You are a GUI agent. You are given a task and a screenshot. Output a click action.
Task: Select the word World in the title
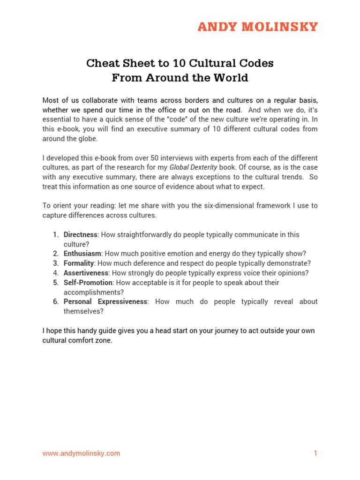pos(230,78)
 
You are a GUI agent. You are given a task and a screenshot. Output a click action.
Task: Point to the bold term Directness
pos(81,234)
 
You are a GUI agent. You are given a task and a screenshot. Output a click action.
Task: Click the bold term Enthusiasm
pos(82,254)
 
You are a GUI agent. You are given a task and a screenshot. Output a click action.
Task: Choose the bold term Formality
pos(79,263)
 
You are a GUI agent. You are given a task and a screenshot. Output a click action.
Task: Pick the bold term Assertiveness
pos(86,273)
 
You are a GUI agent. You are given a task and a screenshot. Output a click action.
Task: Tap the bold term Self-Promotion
pos(88,283)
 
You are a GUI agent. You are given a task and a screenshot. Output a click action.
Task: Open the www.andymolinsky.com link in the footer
pos(81,453)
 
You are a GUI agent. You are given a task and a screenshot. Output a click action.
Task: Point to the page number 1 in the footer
pos(315,453)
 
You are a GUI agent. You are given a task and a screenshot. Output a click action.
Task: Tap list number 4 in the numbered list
pos(55,273)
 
